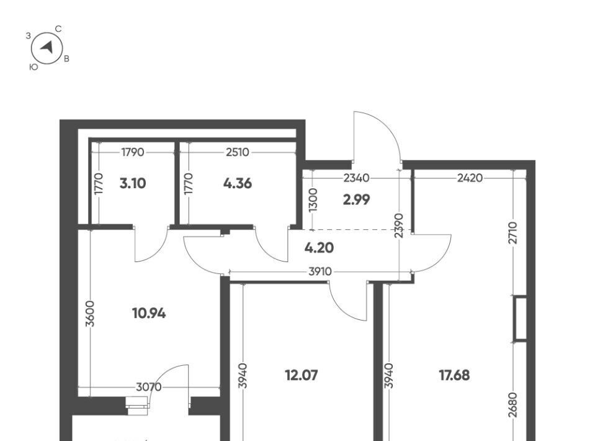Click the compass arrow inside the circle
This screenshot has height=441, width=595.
pyautogui.click(x=47, y=47)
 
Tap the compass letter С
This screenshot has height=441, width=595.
pyautogui.click(x=58, y=29)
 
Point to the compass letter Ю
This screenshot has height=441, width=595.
pyautogui.click(x=34, y=67)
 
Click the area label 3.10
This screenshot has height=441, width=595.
pyautogui.click(x=132, y=183)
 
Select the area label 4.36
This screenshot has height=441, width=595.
pyautogui.click(x=238, y=183)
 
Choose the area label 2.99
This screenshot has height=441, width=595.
pyautogui.click(x=356, y=199)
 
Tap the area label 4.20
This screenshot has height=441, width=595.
pyautogui.click(x=319, y=248)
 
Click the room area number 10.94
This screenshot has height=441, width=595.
pyautogui.click(x=149, y=314)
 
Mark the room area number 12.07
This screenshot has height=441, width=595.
pyautogui.click(x=302, y=375)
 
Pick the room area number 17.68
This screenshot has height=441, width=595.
pyautogui.click(x=454, y=375)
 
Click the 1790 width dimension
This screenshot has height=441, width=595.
pyautogui.click(x=133, y=152)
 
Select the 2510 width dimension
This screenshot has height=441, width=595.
pyautogui.click(x=238, y=152)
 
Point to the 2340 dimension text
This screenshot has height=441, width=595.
pyautogui.click(x=356, y=178)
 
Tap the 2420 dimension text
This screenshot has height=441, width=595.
pyautogui.click(x=470, y=178)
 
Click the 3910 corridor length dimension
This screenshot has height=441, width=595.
pyautogui.click(x=320, y=271)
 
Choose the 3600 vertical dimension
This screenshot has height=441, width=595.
pyautogui.click(x=91, y=314)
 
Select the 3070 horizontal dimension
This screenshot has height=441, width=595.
pyautogui.click(x=149, y=387)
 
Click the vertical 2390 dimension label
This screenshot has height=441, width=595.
pyautogui.click(x=399, y=225)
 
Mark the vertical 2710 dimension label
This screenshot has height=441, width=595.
pyautogui.click(x=513, y=233)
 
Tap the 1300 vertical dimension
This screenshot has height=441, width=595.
pyautogui.click(x=313, y=200)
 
